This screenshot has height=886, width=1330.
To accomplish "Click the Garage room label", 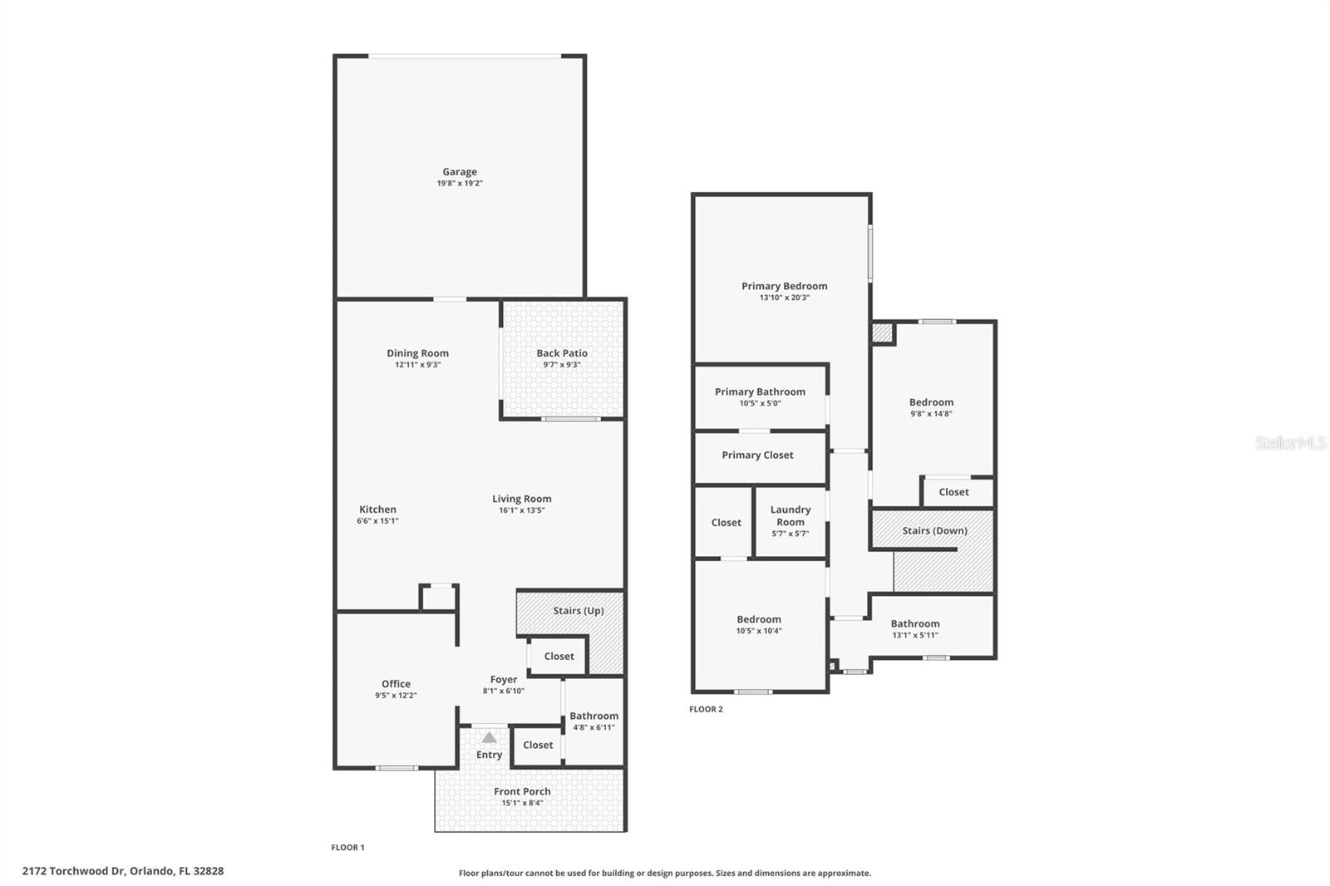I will tap(459, 172).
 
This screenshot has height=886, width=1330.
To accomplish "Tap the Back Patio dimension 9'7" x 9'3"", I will tap(562, 365).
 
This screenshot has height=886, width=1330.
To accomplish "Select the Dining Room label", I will tap(417, 353).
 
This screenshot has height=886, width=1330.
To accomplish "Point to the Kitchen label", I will tap(377, 509).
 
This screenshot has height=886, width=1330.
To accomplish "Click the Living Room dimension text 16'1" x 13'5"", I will tap(521, 510).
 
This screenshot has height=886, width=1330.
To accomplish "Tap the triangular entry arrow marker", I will tap(490, 738).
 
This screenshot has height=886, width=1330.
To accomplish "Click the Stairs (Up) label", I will tap(579, 611).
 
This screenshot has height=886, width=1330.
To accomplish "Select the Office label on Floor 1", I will tap(396, 684).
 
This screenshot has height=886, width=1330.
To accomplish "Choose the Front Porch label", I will tap(522, 791).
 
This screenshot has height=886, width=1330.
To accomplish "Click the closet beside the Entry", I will tap(538, 746).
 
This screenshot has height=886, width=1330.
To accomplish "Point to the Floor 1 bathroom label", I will tap(594, 716).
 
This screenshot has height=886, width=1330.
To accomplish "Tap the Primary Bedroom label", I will tap(784, 286).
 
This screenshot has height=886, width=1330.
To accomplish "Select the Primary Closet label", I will tap(757, 455).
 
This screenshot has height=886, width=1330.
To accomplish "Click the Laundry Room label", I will tap(790, 515).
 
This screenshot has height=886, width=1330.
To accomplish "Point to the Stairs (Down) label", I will tap(934, 530).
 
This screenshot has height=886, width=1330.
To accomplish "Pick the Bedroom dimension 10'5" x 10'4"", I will tap(758, 631).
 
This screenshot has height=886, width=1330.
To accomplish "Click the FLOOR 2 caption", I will tap(706, 709).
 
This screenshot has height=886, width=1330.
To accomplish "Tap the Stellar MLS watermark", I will tap(1290, 443).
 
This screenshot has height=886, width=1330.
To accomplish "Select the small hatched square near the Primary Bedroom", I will tap(881, 333).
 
